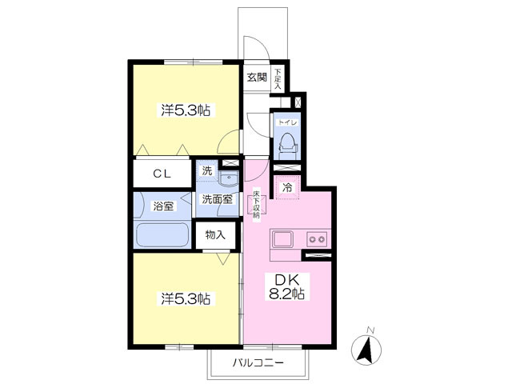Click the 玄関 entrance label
(x=257, y=78)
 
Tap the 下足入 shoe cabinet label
(x=278, y=78)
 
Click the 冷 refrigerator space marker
(x=287, y=187)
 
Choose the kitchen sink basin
(x=285, y=238)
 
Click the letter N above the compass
(x=370, y=330)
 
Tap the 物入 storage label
(x=215, y=235)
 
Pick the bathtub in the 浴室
(x=162, y=236)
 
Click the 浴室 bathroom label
(x=163, y=206)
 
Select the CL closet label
(x=163, y=173)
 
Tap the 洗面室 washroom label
(x=218, y=199)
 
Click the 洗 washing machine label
(x=207, y=170)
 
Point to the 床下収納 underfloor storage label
(x=257, y=205)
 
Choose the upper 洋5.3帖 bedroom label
(x=186, y=110)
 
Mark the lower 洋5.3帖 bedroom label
(x=186, y=299)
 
